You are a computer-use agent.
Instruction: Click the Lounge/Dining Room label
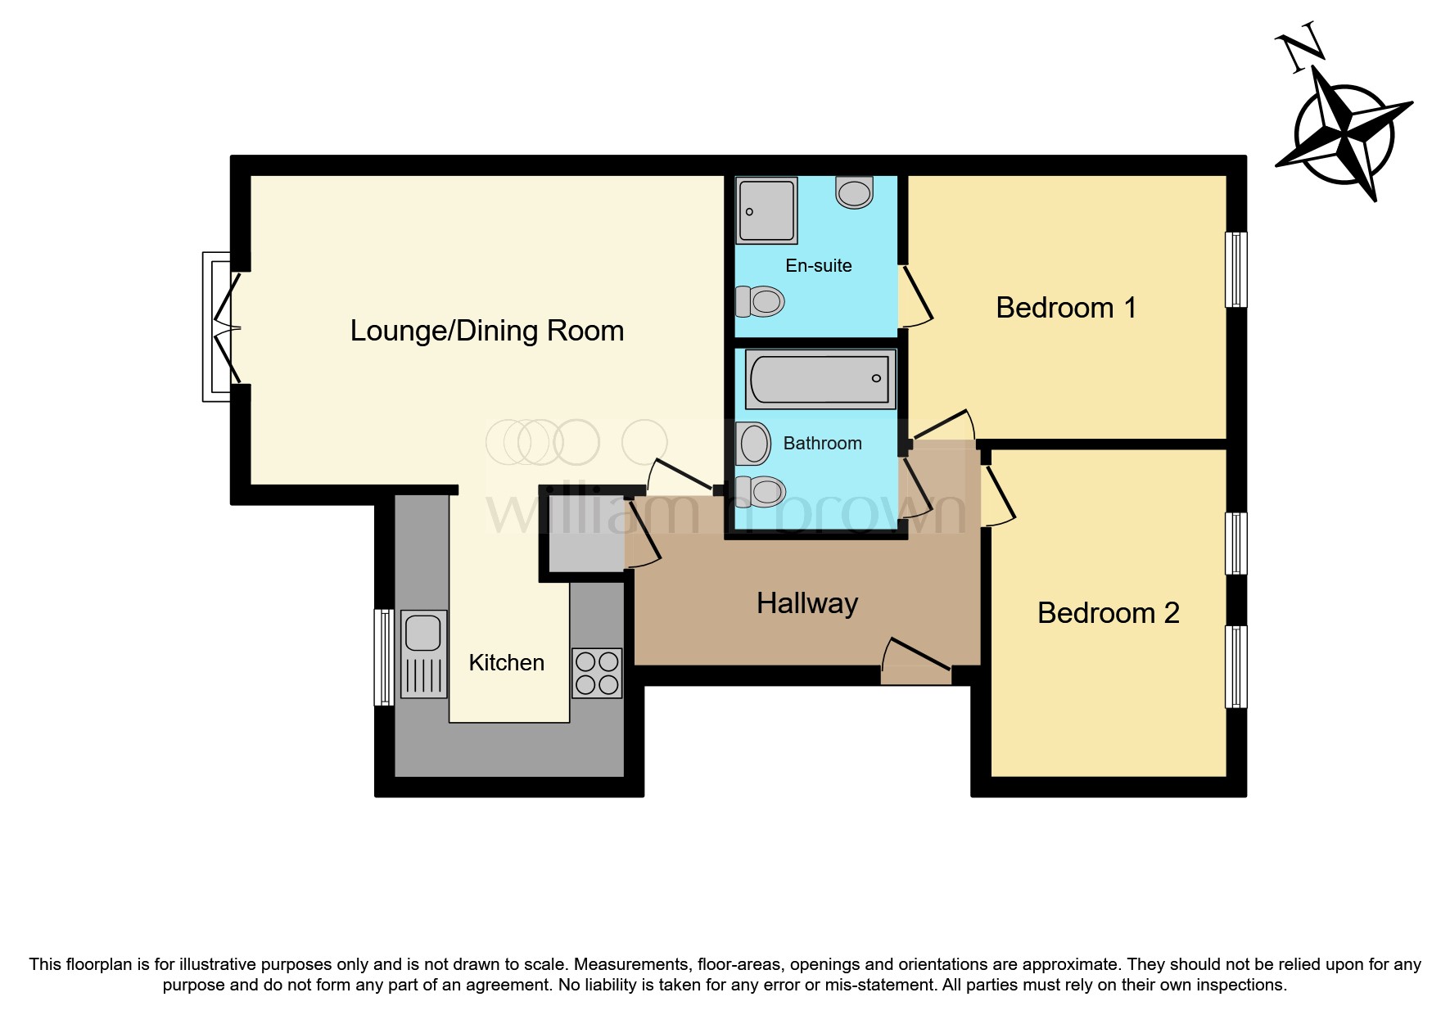click(486, 331)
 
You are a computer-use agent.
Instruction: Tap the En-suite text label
click(818, 265)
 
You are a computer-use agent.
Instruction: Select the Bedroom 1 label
click(1065, 308)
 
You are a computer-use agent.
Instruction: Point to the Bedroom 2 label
click(1108, 613)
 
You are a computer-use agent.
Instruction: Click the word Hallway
click(806, 604)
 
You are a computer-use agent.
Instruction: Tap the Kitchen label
click(506, 662)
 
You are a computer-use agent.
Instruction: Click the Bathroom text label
click(822, 444)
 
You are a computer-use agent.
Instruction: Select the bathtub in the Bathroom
click(820, 379)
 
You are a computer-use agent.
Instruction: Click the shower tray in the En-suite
click(766, 210)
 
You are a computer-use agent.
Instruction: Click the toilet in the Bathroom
click(761, 491)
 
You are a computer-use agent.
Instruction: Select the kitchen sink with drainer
click(424, 653)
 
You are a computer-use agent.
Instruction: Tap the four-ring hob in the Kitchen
click(597, 673)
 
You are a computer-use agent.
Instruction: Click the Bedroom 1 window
click(1235, 269)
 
